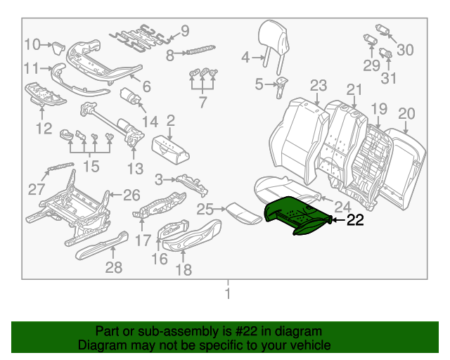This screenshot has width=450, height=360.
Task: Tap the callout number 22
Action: point(356,220)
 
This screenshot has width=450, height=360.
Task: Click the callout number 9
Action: point(185,30)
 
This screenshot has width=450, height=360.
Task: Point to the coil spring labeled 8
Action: point(201,51)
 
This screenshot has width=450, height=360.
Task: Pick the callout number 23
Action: point(319,86)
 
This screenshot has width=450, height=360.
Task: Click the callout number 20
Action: point(407,114)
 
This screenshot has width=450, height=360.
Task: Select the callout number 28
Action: point(113,267)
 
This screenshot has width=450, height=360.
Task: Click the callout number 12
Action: point(44,129)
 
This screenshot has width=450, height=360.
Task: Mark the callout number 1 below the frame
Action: point(227,293)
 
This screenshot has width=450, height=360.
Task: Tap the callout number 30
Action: point(406,49)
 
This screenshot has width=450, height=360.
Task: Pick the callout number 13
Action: point(135,169)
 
